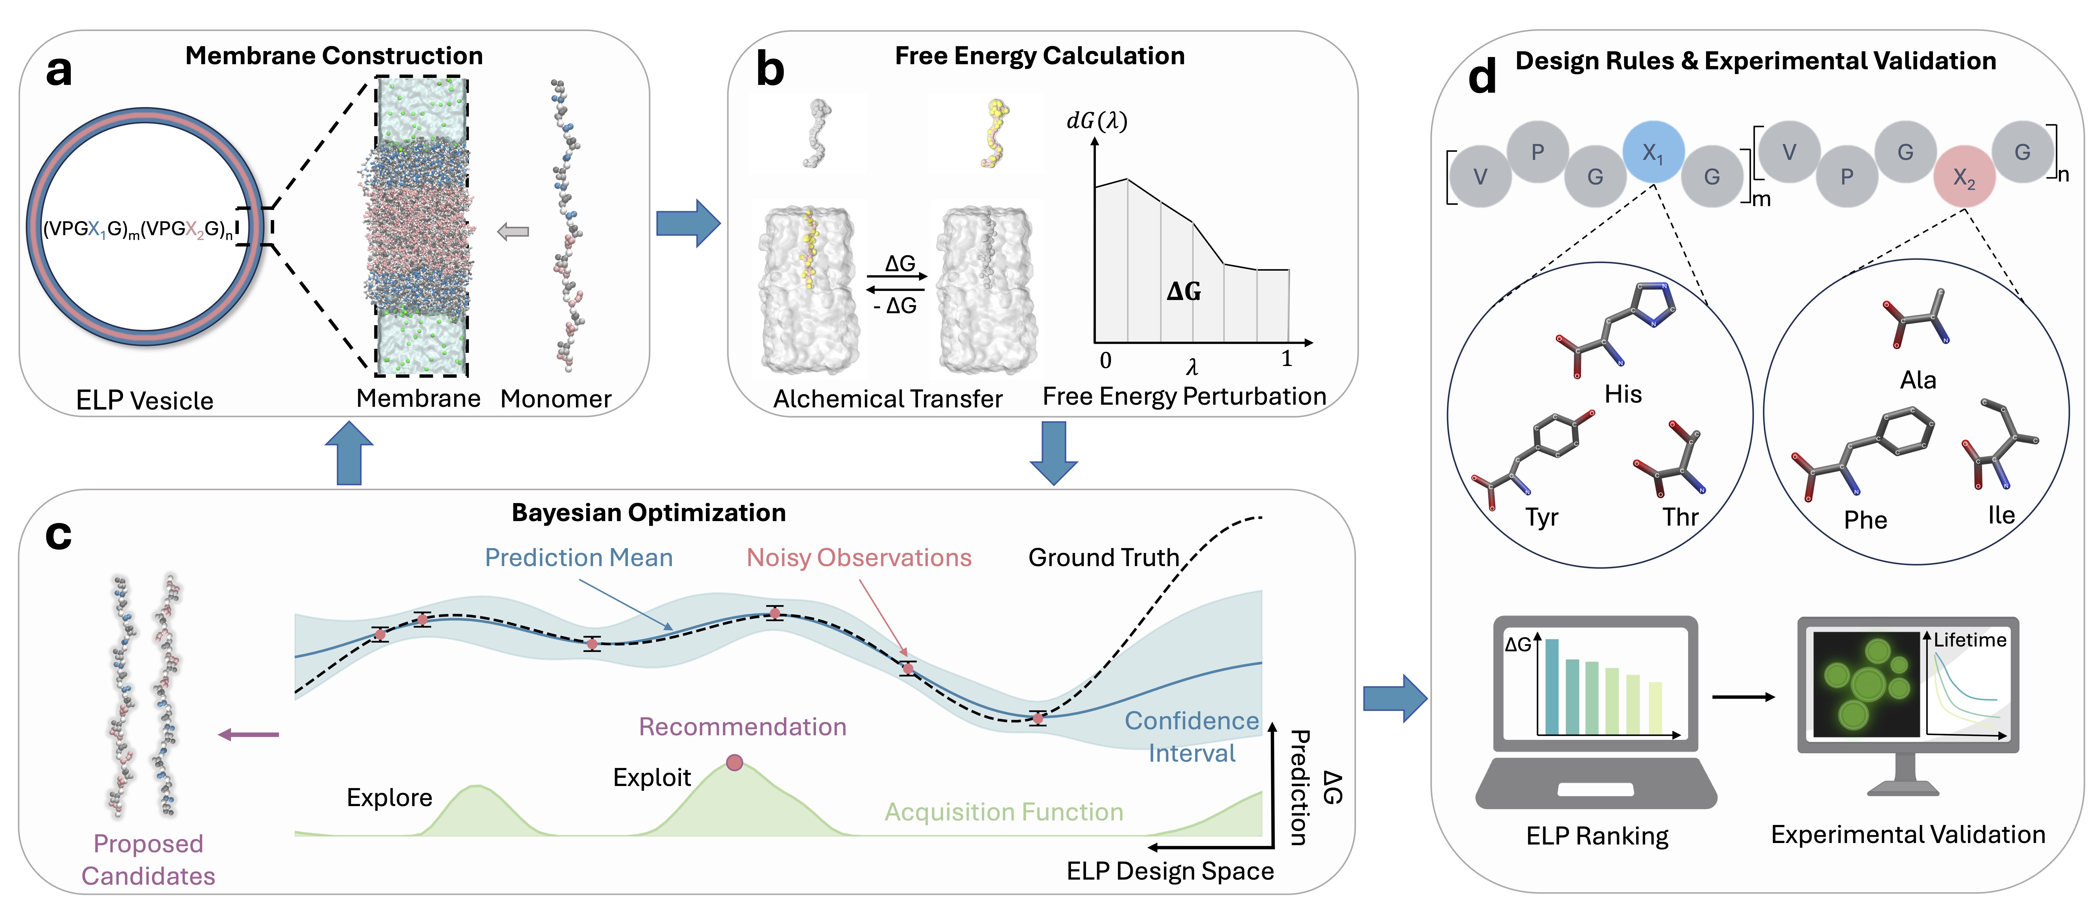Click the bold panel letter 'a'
pos(59,71)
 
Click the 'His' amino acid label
pos(1622,394)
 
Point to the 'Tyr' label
pos(1542,517)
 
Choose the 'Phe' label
pos(1865,520)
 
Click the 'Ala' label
pos(1917,380)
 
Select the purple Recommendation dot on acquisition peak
pos(734,763)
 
